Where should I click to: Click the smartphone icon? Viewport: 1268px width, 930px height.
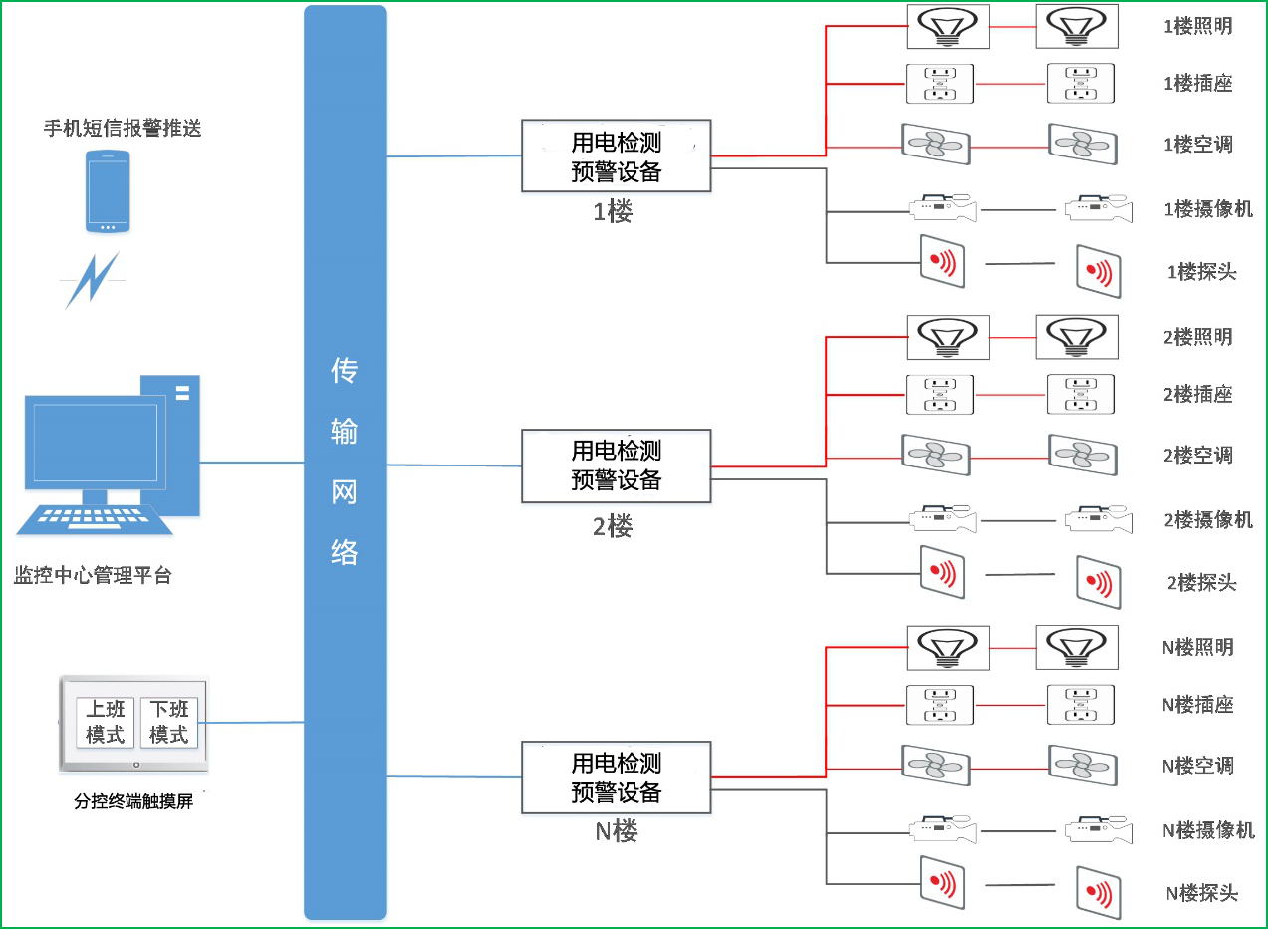[108, 191]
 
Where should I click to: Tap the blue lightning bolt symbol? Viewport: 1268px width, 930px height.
[93, 280]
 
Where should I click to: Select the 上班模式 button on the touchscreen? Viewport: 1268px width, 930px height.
[106, 722]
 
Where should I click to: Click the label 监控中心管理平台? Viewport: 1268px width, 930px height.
[93, 575]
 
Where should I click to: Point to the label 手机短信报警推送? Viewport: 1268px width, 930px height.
[123, 128]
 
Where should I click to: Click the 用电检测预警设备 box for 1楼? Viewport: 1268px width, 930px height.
[616, 155]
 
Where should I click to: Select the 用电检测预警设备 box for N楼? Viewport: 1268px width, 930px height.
[616, 777]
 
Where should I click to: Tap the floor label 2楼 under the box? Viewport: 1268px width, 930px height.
[613, 526]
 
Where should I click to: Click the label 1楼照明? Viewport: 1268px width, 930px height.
[1198, 26]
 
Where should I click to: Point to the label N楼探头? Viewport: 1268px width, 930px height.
[1202, 893]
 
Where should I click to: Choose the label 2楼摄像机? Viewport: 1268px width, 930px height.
[1208, 520]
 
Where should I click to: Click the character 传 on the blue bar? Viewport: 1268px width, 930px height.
[345, 371]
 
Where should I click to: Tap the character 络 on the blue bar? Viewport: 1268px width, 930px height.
[345, 552]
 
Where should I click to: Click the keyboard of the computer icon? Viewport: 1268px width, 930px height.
[94, 520]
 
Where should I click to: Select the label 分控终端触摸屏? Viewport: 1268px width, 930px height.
[133, 801]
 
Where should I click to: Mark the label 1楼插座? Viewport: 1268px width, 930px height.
[1198, 84]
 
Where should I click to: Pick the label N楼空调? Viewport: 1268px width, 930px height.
[1198, 766]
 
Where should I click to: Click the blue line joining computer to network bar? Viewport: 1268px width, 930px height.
[252, 463]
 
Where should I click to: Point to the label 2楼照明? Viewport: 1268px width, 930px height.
[1198, 337]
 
